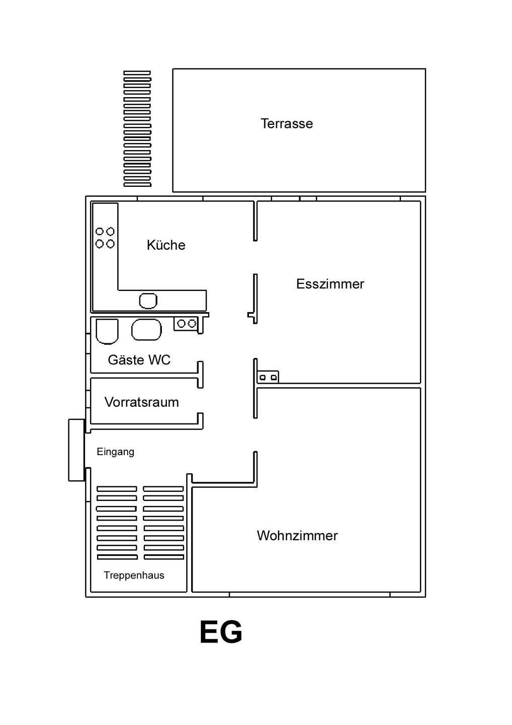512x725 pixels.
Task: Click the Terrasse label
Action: (x=287, y=124)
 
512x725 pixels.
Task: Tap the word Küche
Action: (x=166, y=245)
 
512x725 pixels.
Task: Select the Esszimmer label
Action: (x=330, y=284)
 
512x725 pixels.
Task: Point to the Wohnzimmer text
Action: (x=297, y=536)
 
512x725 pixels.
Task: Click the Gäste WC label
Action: (x=139, y=359)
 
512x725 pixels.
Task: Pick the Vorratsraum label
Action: (x=141, y=402)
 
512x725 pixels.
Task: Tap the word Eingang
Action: (x=115, y=452)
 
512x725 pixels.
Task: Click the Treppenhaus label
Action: (x=134, y=575)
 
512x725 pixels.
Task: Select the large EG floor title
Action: (x=221, y=632)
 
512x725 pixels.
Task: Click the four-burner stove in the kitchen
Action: (x=105, y=238)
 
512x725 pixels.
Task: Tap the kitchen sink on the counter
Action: (x=148, y=301)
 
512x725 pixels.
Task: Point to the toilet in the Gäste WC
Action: (x=107, y=331)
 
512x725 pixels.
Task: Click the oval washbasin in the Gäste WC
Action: (x=146, y=329)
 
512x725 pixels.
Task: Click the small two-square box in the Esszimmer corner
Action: (x=268, y=377)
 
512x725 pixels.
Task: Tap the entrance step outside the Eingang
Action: (x=76, y=450)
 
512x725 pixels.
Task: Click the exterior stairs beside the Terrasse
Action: (x=137, y=129)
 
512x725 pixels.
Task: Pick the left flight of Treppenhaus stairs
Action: (x=117, y=523)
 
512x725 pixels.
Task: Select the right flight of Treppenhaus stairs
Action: (x=163, y=523)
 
